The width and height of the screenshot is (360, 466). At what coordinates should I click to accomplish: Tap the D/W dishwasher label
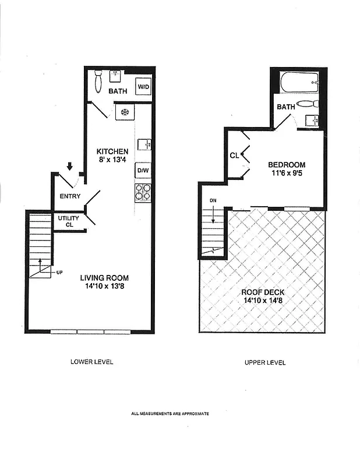coord(143,171)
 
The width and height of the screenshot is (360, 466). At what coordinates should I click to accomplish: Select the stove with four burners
coord(143,191)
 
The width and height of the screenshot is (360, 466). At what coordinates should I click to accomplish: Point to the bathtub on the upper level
coord(299,83)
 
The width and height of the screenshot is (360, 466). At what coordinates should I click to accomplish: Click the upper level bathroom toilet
coord(306,104)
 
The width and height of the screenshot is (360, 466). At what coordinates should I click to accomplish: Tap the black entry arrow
coord(70,167)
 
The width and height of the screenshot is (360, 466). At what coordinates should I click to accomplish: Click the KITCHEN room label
coord(112,152)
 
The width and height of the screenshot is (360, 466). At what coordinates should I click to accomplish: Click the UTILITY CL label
coord(69,221)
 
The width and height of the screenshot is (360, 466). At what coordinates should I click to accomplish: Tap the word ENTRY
coord(70,196)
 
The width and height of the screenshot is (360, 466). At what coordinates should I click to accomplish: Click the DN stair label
coord(213,201)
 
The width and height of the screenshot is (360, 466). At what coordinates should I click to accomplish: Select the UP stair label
coord(59,272)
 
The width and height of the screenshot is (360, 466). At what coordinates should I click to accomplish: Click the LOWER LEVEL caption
coord(91,362)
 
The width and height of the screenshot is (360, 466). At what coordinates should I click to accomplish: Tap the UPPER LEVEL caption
coord(264,362)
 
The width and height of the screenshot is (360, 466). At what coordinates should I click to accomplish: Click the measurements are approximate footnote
coord(170,414)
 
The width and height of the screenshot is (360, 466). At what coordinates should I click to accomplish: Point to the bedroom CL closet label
coord(234,156)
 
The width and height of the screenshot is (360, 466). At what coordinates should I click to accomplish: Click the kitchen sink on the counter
coord(144,144)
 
